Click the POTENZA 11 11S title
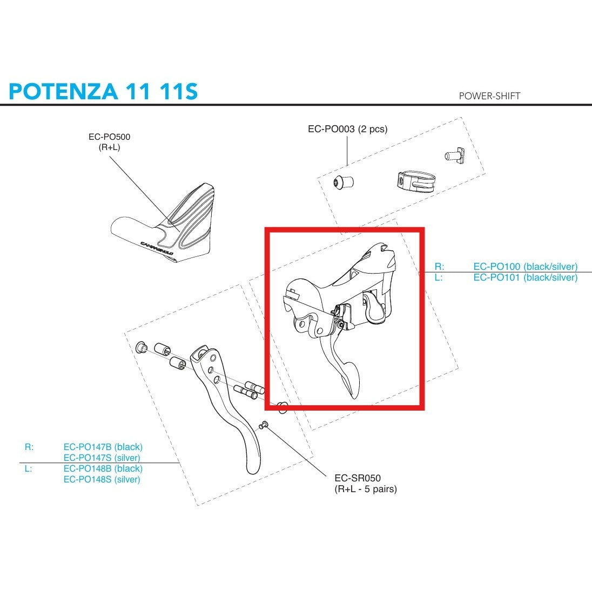click(103, 91)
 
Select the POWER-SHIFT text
click(489, 96)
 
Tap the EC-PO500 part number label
click(109, 137)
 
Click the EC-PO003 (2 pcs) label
click(347, 129)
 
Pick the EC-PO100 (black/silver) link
click(525, 267)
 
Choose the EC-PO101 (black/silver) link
click(525, 277)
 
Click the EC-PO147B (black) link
click(103, 447)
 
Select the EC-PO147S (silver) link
click(102, 458)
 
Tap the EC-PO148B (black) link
click(103, 468)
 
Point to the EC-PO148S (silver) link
click(102, 479)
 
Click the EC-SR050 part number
click(357, 478)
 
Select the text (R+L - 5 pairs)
click(365, 489)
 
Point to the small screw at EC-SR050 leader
click(264, 425)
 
